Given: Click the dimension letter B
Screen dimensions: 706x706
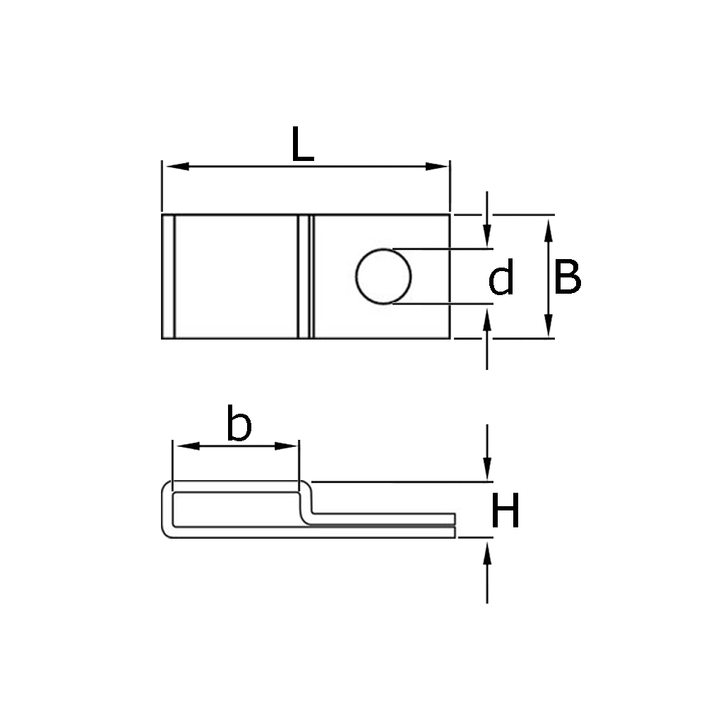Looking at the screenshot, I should [x=567, y=277].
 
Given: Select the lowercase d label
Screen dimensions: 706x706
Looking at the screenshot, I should [x=501, y=278].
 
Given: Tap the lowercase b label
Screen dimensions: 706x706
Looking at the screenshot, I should [x=239, y=424].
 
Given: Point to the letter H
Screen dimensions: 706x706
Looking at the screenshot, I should [x=505, y=512].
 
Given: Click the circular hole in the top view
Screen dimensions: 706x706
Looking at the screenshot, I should [x=383, y=277].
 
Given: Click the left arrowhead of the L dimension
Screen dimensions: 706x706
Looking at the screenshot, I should [x=174, y=167].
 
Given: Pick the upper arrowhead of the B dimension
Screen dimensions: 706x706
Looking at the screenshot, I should [x=549, y=226].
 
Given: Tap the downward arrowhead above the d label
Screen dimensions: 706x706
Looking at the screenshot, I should [x=487, y=239].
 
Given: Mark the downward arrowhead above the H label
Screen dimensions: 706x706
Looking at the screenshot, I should [x=487, y=470].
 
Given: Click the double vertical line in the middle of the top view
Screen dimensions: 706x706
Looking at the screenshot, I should [x=304, y=277].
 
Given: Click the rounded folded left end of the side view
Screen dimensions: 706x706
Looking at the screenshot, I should [x=167, y=510].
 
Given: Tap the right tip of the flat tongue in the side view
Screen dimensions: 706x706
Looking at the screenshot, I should [x=453, y=525].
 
